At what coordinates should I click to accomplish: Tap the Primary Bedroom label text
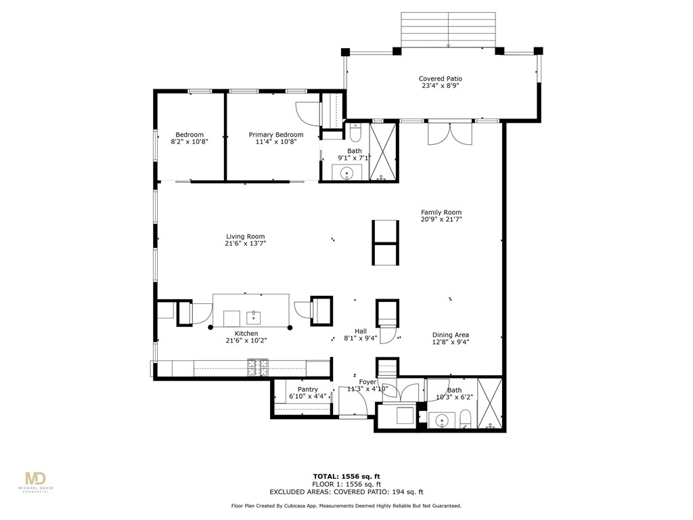(275, 135)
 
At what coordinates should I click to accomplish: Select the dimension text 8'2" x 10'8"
(189, 142)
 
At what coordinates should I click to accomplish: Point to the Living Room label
(245, 236)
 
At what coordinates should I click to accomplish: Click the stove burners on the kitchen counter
(257, 368)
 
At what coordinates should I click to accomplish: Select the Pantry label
(307, 389)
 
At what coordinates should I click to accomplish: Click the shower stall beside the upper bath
(383, 152)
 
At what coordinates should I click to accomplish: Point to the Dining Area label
(451, 335)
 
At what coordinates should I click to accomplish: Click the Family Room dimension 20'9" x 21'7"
(441, 219)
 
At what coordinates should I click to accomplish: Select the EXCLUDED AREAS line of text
(346, 492)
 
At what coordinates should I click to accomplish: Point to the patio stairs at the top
(449, 30)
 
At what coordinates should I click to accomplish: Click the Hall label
(361, 330)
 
